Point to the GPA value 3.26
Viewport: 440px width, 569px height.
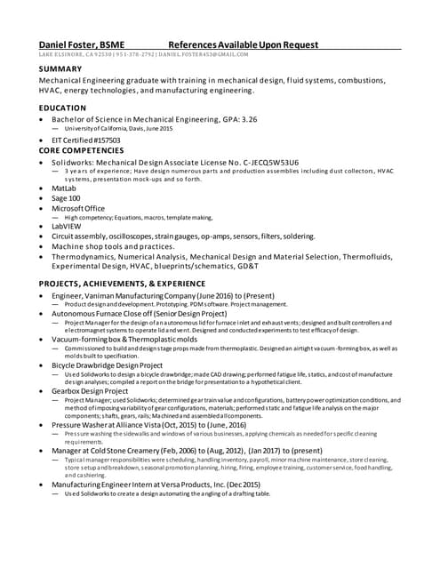[x=249, y=118]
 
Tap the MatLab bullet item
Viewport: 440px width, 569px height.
[x=64, y=188]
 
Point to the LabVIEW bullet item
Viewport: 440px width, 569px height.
[x=68, y=227]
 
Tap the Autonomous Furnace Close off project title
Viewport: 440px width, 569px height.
[x=139, y=314]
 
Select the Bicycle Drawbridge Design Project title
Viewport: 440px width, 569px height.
[x=107, y=365]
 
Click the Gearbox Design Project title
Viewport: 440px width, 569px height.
[x=90, y=390]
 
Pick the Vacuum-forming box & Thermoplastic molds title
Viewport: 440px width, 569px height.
[x=123, y=339]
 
